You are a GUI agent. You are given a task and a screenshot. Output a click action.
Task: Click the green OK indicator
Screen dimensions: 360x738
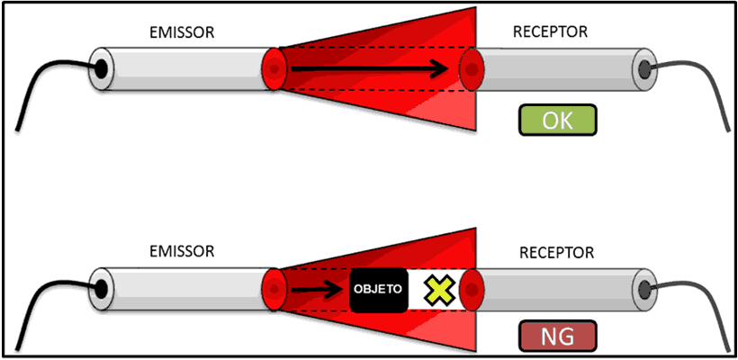(557, 121)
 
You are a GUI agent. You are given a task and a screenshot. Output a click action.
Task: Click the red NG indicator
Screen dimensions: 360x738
(557, 337)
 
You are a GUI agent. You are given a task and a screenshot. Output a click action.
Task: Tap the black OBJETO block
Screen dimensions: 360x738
(377, 290)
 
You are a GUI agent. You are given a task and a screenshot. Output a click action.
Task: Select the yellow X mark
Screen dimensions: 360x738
(438, 289)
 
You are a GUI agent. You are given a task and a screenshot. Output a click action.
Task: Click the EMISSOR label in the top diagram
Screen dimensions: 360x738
(182, 33)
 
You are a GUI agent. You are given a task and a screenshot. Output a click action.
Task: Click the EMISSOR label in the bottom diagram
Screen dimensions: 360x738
(182, 252)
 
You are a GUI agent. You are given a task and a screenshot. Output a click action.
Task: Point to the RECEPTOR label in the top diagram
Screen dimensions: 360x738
(550, 32)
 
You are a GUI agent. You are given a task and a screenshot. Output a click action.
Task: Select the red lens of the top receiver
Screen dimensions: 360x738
(470, 68)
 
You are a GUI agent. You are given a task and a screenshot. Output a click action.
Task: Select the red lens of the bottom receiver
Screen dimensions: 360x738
(472, 289)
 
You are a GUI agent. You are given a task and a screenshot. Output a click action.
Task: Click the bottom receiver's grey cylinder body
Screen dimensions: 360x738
(558, 289)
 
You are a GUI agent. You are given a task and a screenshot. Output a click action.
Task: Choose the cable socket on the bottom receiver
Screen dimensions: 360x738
(644, 290)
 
